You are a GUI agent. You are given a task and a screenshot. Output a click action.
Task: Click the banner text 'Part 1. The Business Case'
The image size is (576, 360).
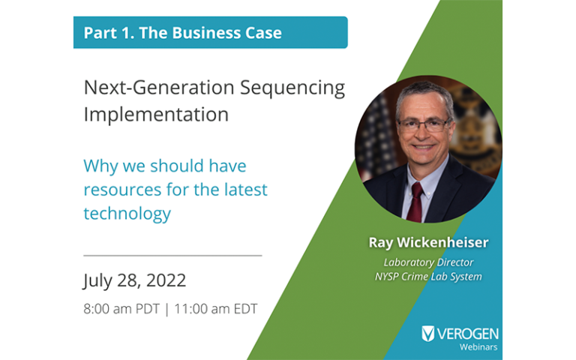[x=182, y=33]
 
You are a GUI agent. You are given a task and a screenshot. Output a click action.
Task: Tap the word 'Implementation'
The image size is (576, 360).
[x=156, y=115]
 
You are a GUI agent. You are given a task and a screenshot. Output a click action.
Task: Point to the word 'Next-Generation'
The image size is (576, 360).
[x=158, y=88]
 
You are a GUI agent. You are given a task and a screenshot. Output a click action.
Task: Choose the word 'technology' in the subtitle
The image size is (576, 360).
[x=127, y=214]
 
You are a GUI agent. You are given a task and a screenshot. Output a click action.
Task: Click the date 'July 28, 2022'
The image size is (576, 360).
[x=135, y=280]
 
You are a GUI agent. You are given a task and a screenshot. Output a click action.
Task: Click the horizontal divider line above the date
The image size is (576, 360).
[x=172, y=256]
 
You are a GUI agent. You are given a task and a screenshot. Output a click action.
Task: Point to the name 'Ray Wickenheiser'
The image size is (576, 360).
[x=428, y=242]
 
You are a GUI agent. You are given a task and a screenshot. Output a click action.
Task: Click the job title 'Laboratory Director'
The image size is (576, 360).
[x=428, y=262]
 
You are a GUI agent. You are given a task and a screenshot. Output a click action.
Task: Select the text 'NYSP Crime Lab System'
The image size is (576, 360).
[x=428, y=276]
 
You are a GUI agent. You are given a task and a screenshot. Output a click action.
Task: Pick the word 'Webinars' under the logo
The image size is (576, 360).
[x=478, y=347]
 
